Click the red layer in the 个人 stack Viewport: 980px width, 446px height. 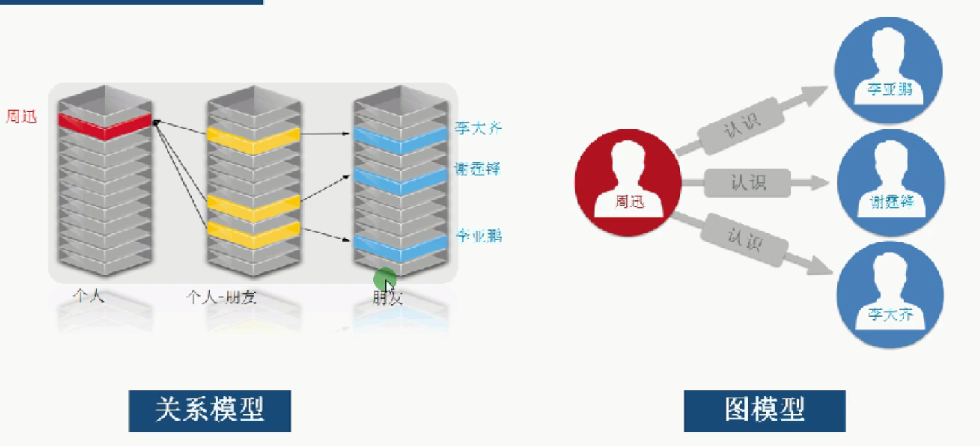tap(105, 125)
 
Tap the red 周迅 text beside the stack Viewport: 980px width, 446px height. tap(22, 117)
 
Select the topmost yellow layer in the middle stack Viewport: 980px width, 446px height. tap(253, 140)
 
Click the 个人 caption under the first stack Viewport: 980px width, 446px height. tap(89, 296)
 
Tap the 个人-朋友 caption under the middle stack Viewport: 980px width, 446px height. tap(221, 297)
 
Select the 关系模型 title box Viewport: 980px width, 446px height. tap(210, 410)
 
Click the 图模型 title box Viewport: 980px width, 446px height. tap(764, 410)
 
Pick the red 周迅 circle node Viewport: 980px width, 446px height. tap(628, 182)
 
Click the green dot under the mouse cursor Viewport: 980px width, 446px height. tap(384, 279)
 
